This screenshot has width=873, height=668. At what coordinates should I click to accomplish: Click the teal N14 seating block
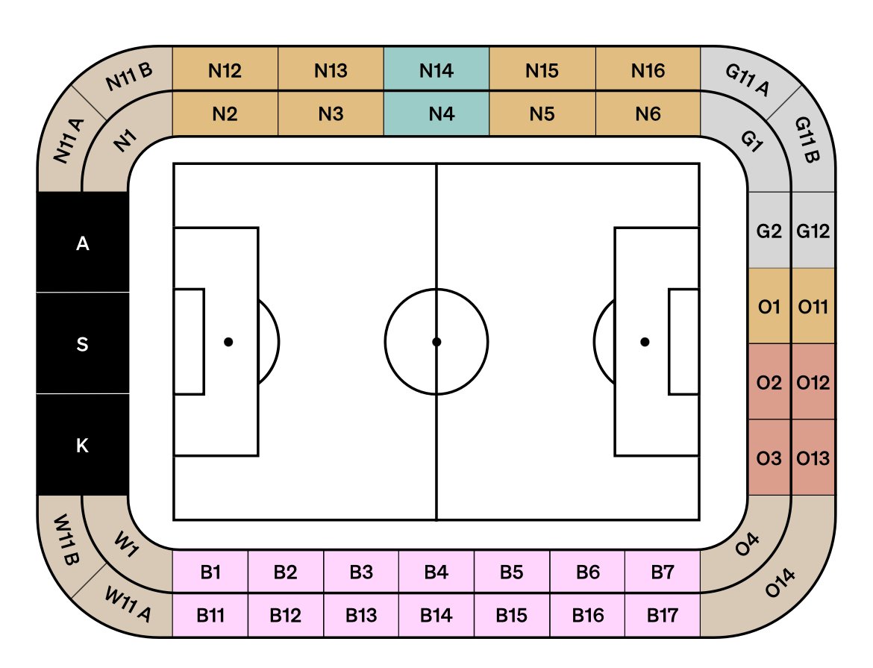[436, 69]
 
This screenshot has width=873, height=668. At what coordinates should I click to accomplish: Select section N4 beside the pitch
[436, 113]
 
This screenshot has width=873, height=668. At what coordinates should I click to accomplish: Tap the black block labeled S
[82, 343]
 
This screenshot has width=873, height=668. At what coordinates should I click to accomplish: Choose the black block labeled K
[82, 445]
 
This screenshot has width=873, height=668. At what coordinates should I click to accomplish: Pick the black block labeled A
[82, 243]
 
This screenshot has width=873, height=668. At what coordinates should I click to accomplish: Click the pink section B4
[436, 572]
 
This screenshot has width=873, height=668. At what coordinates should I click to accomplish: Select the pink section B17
[663, 615]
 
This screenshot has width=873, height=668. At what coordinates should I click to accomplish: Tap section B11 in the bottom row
[210, 615]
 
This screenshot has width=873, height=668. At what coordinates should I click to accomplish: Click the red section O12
[813, 382]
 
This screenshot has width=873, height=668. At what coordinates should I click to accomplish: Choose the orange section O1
[769, 306]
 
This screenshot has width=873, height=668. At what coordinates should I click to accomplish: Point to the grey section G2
[769, 230]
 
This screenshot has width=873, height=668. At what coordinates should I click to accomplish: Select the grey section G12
[813, 230]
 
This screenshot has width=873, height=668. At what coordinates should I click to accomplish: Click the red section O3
[769, 458]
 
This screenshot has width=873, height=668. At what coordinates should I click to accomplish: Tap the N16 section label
[648, 71]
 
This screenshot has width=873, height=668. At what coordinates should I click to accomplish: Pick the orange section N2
[225, 113]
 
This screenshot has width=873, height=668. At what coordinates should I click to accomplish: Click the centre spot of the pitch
[436, 342]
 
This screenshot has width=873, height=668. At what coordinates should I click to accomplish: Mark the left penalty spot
[228, 342]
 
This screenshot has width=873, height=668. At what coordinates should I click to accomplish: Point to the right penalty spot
[645, 342]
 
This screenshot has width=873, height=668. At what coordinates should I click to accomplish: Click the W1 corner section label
[126, 544]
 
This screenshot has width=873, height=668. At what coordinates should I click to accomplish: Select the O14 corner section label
[780, 583]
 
